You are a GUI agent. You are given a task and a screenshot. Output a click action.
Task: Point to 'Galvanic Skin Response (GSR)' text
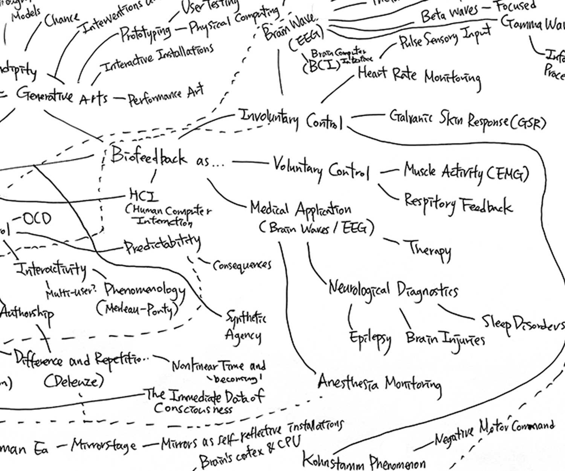[467, 120]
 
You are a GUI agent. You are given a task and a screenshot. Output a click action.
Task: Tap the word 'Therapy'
[430, 249]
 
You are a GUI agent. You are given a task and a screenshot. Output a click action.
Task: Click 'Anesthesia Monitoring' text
[379, 383]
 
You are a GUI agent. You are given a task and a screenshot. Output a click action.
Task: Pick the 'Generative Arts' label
[62, 96]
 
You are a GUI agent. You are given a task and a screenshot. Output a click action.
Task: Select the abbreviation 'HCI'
[144, 196]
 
